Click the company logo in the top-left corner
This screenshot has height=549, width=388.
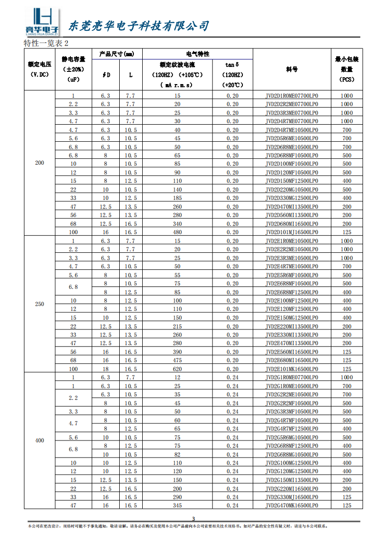coord(42,22)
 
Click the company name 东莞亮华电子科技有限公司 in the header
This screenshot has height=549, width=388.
coord(139,25)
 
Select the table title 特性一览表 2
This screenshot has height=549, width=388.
coord(46,43)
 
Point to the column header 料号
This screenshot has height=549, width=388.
coord(292,69)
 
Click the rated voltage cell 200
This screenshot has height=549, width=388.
coord(40,163)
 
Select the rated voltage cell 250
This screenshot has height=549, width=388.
coord(40,304)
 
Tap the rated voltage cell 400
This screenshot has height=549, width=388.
coord(40,440)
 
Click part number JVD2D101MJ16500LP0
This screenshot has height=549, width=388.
coord(292,232)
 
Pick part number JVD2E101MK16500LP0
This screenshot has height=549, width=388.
coord(292,369)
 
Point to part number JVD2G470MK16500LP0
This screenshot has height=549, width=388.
coord(292,505)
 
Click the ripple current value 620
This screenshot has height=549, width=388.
coord(177,369)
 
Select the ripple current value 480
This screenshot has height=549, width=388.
coord(177,232)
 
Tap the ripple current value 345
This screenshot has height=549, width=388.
coord(177,505)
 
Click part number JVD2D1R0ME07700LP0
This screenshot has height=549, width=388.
coord(292,96)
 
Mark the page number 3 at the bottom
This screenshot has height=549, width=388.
coord(193,519)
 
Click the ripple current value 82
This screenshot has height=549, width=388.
coord(177,455)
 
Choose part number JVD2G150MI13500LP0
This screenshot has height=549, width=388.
coord(292,480)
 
